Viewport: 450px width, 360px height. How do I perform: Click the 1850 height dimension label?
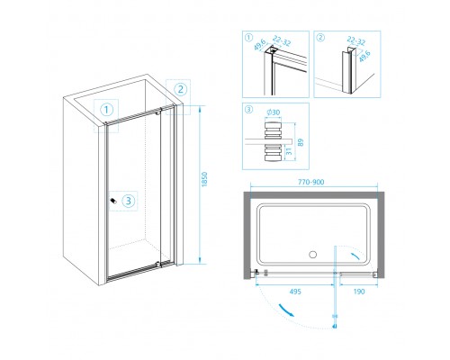tap(204, 179)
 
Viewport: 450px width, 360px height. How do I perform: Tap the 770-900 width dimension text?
tap(310, 182)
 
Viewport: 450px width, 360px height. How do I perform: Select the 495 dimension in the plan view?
tap(295, 292)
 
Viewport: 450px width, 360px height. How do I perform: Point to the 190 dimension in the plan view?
tap(359, 292)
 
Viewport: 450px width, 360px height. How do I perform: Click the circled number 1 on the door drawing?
tap(106, 110)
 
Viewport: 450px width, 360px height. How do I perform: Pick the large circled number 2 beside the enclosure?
tap(181, 89)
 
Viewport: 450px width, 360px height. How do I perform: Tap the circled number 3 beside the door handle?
tap(129, 201)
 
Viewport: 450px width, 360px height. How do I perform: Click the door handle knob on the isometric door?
tap(113, 201)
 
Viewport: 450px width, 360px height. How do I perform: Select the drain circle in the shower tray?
tap(312, 255)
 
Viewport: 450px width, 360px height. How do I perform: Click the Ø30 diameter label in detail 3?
tap(273, 112)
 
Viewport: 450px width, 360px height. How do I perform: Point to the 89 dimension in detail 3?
tap(301, 142)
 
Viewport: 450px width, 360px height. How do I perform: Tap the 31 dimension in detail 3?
tap(289, 151)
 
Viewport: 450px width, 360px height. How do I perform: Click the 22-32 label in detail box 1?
tap(283, 41)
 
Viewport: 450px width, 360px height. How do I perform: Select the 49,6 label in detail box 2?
tap(364, 56)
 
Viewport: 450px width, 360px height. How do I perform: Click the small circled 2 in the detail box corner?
tap(320, 38)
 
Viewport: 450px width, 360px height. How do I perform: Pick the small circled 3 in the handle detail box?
tap(249, 110)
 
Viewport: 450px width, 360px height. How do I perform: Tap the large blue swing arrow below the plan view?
tap(286, 310)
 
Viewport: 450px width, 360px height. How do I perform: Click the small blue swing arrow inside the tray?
tap(356, 256)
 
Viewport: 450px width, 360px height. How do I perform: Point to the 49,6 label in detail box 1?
tap(259, 45)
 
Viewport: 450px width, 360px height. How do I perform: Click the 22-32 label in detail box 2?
tap(356, 40)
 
